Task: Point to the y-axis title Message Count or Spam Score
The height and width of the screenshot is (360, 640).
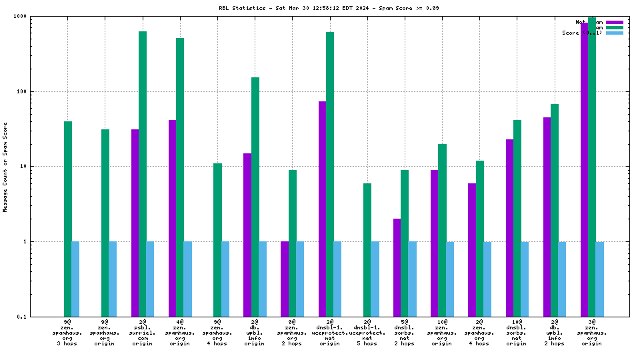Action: tap(5, 167)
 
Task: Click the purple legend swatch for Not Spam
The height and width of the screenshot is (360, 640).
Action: tap(614, 22)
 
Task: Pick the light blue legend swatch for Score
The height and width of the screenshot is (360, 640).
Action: tap(614, 33)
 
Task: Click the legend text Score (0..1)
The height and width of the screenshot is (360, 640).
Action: tap(581, 33)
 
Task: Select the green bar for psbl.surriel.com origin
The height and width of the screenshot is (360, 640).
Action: tap(143, 173)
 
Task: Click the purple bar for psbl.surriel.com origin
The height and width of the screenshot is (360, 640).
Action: tap(135, 223)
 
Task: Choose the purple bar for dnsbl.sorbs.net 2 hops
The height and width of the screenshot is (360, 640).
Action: tap(397, 267)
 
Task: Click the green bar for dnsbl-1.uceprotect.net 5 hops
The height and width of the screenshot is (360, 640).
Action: tap(367, 250)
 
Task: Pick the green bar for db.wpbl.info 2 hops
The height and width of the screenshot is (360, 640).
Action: tap(555, 210)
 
